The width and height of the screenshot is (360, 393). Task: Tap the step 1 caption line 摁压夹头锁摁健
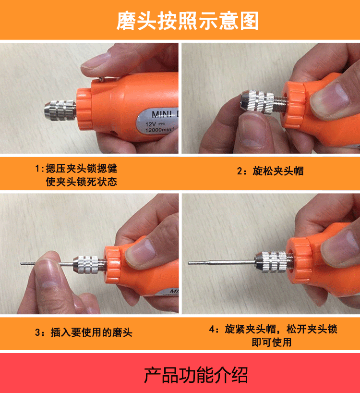pyautogui.click(x=75, y=169)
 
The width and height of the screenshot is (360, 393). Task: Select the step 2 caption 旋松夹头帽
pyautogui.click(x=271, y=171)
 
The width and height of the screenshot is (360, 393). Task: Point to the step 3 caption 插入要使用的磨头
pyautogui.click(x=84, y=332)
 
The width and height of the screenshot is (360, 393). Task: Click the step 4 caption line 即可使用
pyautogui.click(x=271, y=342)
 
